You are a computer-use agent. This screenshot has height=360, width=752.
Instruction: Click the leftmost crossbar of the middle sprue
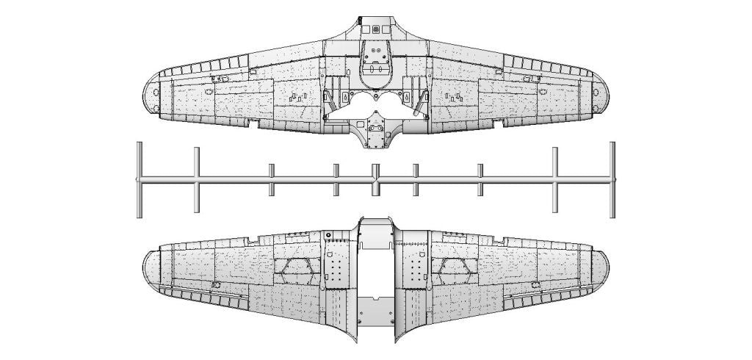[139, 179]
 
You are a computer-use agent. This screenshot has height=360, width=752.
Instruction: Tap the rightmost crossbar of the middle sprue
[612, 179]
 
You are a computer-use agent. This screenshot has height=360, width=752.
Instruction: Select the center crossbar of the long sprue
[375, 179]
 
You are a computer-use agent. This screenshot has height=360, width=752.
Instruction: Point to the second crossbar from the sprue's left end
[197, 179]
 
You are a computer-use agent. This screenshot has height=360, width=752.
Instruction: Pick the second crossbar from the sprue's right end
[555, 179]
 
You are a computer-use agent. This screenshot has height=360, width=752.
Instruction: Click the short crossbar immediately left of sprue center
[336, 180]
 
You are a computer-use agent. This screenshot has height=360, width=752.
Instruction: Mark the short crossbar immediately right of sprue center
[415, 180]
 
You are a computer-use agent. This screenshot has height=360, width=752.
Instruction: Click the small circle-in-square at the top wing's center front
[377, 29]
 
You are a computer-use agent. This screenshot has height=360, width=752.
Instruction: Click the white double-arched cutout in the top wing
[375, 103]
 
